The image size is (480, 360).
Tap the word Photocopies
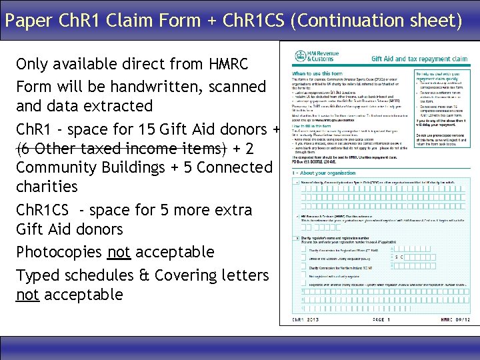59,252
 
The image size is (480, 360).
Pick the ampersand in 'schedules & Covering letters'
145,275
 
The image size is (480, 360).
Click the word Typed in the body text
37,275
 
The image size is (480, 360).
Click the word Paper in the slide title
27,21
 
